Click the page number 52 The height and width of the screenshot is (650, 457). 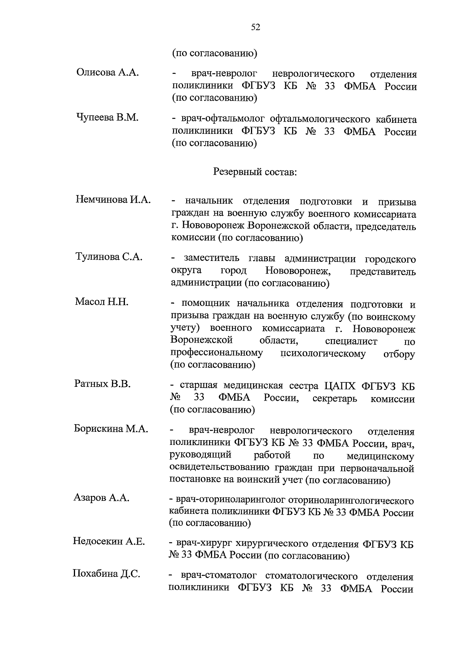256,27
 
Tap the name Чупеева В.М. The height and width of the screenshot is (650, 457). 107,117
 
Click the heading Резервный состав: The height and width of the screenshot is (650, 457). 255,172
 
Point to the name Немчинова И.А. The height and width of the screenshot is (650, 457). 113,200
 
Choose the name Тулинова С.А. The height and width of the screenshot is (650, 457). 109,257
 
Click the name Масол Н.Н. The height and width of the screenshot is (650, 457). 101,302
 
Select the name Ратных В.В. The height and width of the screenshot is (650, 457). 102,384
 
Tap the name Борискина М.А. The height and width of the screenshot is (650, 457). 111,429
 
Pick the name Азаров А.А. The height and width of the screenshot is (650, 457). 101,498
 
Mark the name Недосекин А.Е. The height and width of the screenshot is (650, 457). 109,541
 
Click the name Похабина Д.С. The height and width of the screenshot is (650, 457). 106,574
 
